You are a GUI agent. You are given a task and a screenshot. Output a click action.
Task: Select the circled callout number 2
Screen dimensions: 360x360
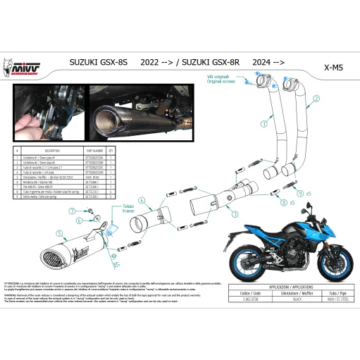pos(317,99)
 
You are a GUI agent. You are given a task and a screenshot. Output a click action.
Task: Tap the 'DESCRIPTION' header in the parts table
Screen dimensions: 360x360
pos(53,151)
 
